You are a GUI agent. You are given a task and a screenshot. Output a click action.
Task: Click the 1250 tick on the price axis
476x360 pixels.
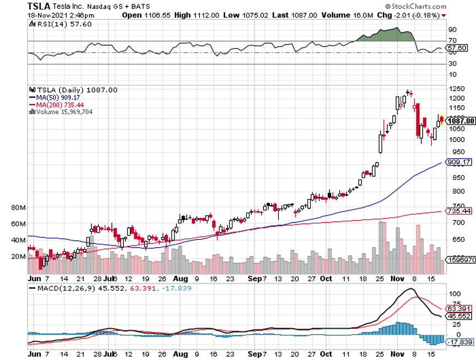pyautogui.click(x=455, y=89)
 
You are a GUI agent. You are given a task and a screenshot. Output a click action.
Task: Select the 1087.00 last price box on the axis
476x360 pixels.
pyautogui.click(x=461, y=121)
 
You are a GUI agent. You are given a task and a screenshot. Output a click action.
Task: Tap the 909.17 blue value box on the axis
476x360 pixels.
pyautogui.click(x=459, y=162)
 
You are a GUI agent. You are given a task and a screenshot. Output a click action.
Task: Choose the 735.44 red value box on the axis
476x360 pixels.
pyautogui.click(x=459, y=211)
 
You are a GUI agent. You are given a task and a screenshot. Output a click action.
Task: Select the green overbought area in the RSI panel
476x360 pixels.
pyautogui.click(x=386, y=34)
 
